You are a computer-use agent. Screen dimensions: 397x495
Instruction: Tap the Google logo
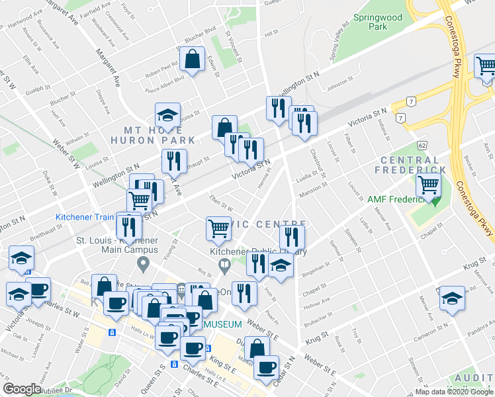pos(22,389)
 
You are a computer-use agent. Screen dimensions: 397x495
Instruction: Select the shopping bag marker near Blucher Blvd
pos(192,60)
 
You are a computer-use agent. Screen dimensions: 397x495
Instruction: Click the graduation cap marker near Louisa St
pos(167,116)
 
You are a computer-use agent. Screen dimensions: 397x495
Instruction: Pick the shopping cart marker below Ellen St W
pos(218,229)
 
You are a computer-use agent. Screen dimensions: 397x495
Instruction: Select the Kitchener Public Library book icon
pos(224,266)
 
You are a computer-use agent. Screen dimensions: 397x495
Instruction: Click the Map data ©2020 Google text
pos(453,391)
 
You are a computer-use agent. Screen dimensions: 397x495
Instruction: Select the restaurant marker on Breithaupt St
pos(174,161)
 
